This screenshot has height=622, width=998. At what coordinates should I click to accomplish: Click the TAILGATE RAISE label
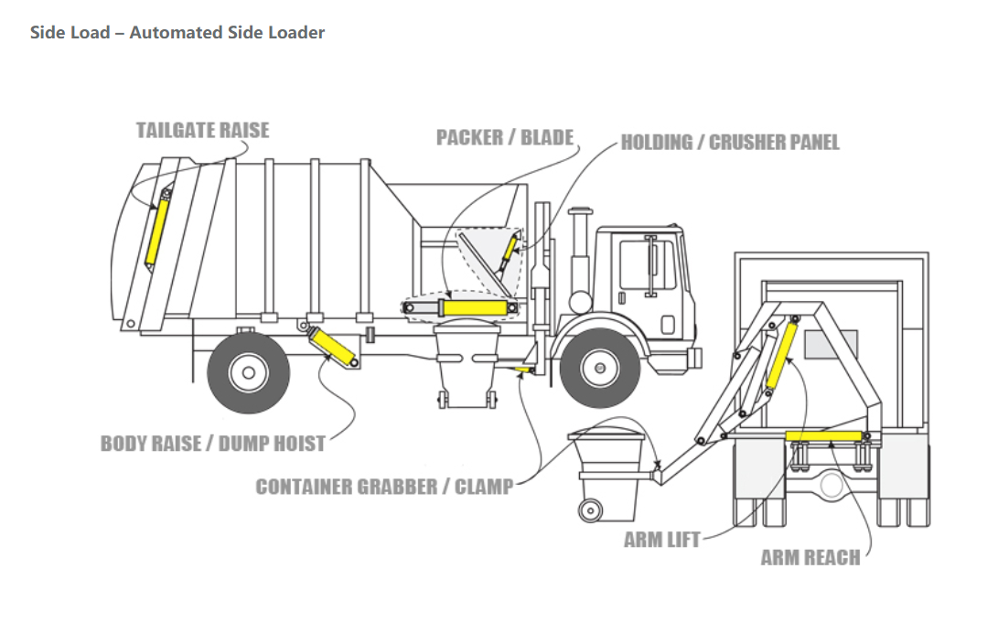[202, 130]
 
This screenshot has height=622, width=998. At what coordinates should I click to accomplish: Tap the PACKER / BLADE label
[505, 137]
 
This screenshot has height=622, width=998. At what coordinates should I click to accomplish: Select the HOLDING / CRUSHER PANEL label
[730, 142]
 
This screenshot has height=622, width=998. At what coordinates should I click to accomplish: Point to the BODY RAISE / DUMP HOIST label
[212, 443]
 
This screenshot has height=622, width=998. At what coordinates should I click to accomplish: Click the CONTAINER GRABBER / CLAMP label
[384, 487]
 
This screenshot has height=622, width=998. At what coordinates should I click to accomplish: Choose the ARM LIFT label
[662, 540]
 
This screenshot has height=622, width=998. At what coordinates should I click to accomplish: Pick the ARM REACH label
[810, 558]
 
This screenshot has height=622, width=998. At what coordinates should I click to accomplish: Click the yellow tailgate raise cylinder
[156, 231]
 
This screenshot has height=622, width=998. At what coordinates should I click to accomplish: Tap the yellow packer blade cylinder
[474, 308]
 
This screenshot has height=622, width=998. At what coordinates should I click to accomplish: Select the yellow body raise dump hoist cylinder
[332, 347]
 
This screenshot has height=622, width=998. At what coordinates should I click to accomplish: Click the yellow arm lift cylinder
[781, 355]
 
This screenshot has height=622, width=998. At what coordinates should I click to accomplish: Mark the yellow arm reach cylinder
[823, 436]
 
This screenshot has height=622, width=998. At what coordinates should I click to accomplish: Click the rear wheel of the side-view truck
[248, 372]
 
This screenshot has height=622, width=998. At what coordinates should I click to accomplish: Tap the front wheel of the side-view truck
[599, 368]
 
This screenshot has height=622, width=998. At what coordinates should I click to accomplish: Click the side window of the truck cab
[648, 264]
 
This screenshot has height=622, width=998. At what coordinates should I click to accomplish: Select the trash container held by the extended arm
[607, 475]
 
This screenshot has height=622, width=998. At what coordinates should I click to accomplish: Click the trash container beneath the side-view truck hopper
[467, 364]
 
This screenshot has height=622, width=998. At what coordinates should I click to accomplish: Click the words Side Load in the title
[70, 32]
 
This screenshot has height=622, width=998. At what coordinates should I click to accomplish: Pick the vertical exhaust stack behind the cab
[580, 260]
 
